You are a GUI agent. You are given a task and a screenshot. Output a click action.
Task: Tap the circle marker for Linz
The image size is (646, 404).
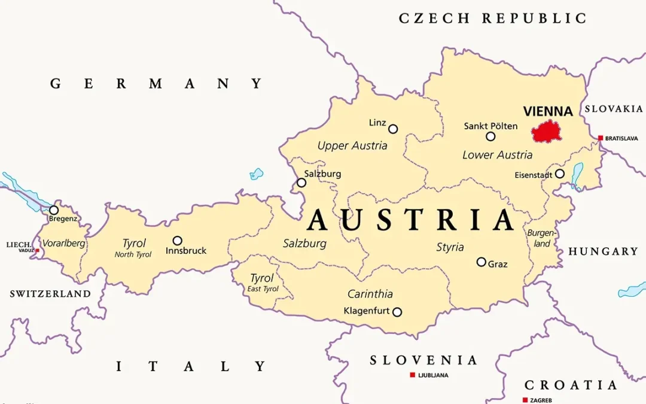click(393, 129)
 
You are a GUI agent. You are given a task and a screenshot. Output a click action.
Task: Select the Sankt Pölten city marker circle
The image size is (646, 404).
click(490, 136)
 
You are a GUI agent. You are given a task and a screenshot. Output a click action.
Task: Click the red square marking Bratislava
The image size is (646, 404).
click(601, 138)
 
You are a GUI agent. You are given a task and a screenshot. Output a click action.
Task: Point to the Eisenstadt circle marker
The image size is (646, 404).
click(559, 174)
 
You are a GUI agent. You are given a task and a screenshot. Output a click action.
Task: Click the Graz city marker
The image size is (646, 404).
click(482, 262)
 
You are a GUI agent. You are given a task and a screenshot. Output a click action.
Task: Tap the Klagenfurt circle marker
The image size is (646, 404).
click(397, 312)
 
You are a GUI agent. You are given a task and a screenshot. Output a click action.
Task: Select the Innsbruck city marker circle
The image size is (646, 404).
click(178, 241)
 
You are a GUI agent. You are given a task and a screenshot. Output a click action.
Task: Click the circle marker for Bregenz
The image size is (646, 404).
click(54, 210)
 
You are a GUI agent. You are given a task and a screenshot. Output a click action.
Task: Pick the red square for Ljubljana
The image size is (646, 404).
click(412, 375)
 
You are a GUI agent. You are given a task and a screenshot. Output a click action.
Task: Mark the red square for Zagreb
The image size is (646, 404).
click(525, 400)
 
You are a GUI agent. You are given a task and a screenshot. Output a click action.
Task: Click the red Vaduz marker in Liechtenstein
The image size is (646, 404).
click(37, 250)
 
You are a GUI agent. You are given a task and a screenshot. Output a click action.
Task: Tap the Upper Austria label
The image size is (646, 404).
click(352, 145)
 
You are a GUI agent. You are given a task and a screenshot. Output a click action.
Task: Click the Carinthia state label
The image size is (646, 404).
click(370, 294)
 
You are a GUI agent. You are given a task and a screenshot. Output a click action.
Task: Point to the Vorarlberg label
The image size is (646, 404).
click(63, 244)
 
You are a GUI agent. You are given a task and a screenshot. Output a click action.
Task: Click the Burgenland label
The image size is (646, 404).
click(541, 238)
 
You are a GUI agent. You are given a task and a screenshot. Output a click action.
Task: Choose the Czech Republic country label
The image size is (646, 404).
click(493, 19)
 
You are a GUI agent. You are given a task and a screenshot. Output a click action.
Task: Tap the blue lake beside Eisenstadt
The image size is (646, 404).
click(577, 175)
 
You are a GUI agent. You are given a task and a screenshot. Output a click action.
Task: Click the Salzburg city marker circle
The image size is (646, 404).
click(301, 183)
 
